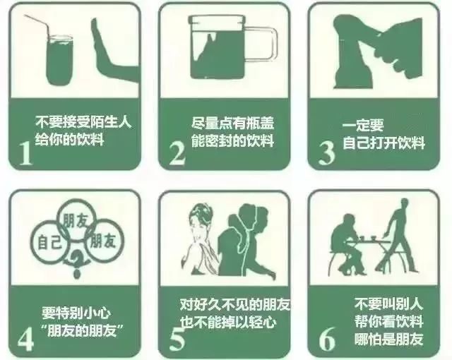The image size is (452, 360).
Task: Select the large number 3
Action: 326,152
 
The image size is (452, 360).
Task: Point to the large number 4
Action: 25,338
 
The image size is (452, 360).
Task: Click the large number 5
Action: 177,338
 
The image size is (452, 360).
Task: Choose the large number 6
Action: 327,338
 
